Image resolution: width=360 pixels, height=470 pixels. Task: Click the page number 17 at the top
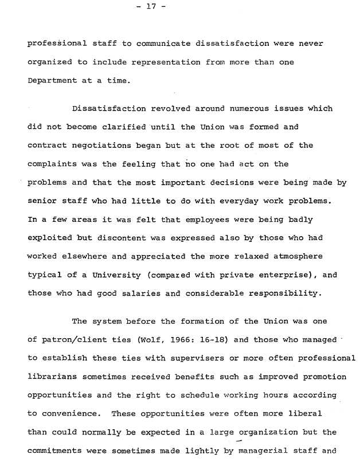pyautogui.click(x=151, y=7)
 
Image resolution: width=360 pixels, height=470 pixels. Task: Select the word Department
pyautogui.click(x=50, y=81)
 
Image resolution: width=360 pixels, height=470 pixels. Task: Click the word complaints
pyautogui.click(x=53, y=164)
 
